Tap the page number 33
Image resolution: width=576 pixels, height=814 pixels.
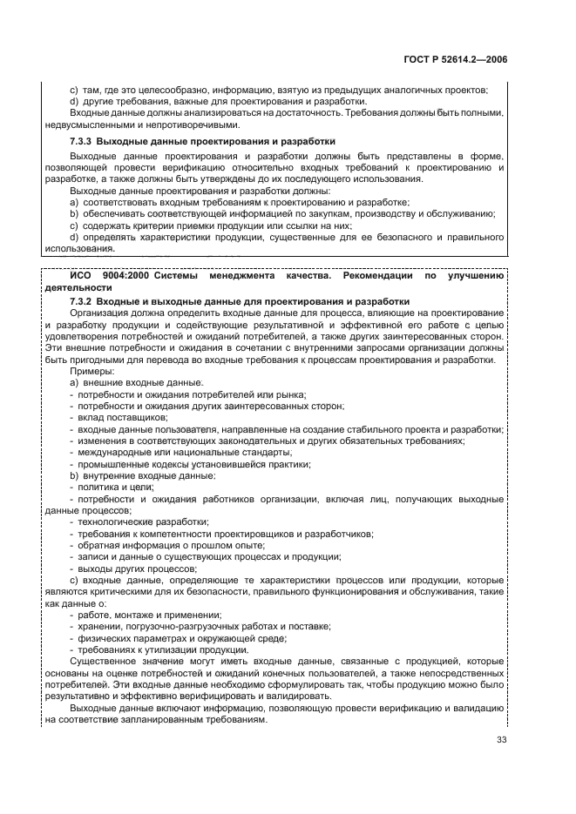coord(501,740)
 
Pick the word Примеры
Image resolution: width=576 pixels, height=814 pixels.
coord(89,372)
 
